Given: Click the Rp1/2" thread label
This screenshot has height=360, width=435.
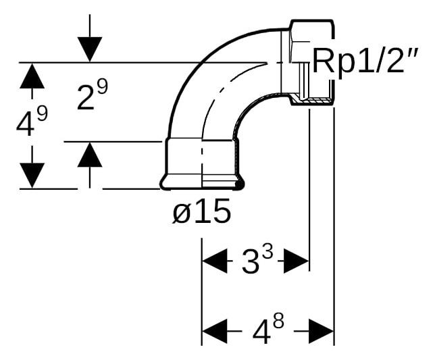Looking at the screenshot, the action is pos(365,61).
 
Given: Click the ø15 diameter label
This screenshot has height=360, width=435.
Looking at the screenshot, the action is pos(202,211).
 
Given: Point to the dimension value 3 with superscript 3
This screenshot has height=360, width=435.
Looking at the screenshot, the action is pos(257,260).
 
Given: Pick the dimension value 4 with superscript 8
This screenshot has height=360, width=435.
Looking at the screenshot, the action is pos(268,330).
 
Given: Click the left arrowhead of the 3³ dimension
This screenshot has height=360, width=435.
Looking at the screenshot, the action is pos(215,261).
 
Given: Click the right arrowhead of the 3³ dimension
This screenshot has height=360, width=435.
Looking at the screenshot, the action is pos(297,261).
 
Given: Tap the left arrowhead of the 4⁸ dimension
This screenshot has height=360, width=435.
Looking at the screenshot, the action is pos(215,330).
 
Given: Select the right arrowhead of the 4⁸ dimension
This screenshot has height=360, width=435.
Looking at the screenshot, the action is pos(322,330).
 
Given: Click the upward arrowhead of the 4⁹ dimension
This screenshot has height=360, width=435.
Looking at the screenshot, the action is pos(32,76).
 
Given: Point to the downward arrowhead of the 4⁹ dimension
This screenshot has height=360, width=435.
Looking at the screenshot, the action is pos(32,176).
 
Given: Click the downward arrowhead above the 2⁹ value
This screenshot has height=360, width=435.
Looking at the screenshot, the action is pos(90,49).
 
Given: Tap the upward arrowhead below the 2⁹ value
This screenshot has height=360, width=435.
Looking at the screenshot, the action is pos(90,155).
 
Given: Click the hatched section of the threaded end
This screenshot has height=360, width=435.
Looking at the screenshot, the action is pos(312,101).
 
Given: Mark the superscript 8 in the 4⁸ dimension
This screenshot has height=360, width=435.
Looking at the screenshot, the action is pos(278,322).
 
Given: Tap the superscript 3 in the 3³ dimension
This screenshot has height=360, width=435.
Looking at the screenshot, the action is pos(267,254).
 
